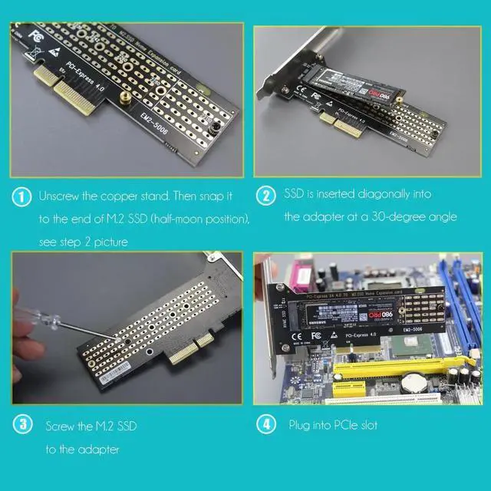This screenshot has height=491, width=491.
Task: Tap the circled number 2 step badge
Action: pos(265,196)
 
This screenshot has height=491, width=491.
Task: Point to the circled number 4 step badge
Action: pos(265,423)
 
